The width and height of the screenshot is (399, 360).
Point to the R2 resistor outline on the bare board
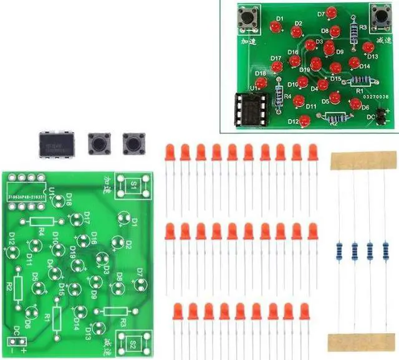click(18, 288)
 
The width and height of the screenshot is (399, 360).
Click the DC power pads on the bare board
click(18, 340)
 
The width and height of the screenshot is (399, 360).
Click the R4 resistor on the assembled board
click(279, 97)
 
